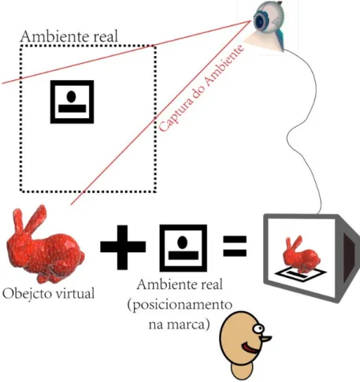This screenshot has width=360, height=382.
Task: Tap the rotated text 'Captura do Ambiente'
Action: (x=202, y=88)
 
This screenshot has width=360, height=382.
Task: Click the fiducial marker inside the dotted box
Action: (x=72, y=102)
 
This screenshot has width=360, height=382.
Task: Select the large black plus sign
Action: (x=123, y=247)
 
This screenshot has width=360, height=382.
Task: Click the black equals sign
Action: (x=235, y=246)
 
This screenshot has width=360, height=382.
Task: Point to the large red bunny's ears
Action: (x=29, y=219)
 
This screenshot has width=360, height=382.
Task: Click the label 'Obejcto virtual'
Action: (x=49, y=293)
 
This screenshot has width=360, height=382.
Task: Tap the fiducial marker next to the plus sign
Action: (x=184, y=248)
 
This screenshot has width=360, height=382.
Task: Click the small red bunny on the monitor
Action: (x=301, y=254)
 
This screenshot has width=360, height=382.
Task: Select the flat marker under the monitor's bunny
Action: (x=301, y=274)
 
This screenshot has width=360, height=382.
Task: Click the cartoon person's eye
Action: (x=258, y=328)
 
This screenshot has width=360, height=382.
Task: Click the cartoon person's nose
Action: (x=265, y=339)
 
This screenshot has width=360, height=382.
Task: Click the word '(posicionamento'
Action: (x=180, y=306)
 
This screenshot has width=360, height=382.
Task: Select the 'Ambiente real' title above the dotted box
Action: (x=69, y=36)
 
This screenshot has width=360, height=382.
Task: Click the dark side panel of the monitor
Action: (x=350, y=258)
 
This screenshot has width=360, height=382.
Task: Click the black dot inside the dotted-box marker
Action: (x=71, y=96)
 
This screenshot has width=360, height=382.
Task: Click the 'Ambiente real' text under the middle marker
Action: (x=180, y=285)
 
